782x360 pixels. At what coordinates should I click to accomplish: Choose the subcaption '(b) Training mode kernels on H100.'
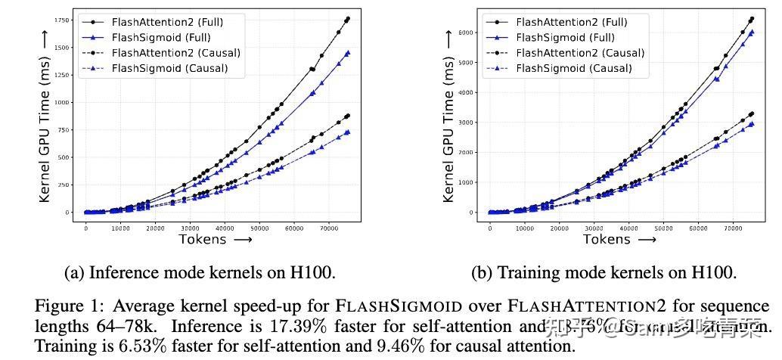(604, 273)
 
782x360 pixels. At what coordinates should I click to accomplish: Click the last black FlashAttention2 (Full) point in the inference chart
(347, 19)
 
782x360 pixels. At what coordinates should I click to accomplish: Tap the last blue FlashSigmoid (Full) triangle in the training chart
(751, 33)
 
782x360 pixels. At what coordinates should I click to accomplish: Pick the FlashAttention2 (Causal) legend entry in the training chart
(579, 53)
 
